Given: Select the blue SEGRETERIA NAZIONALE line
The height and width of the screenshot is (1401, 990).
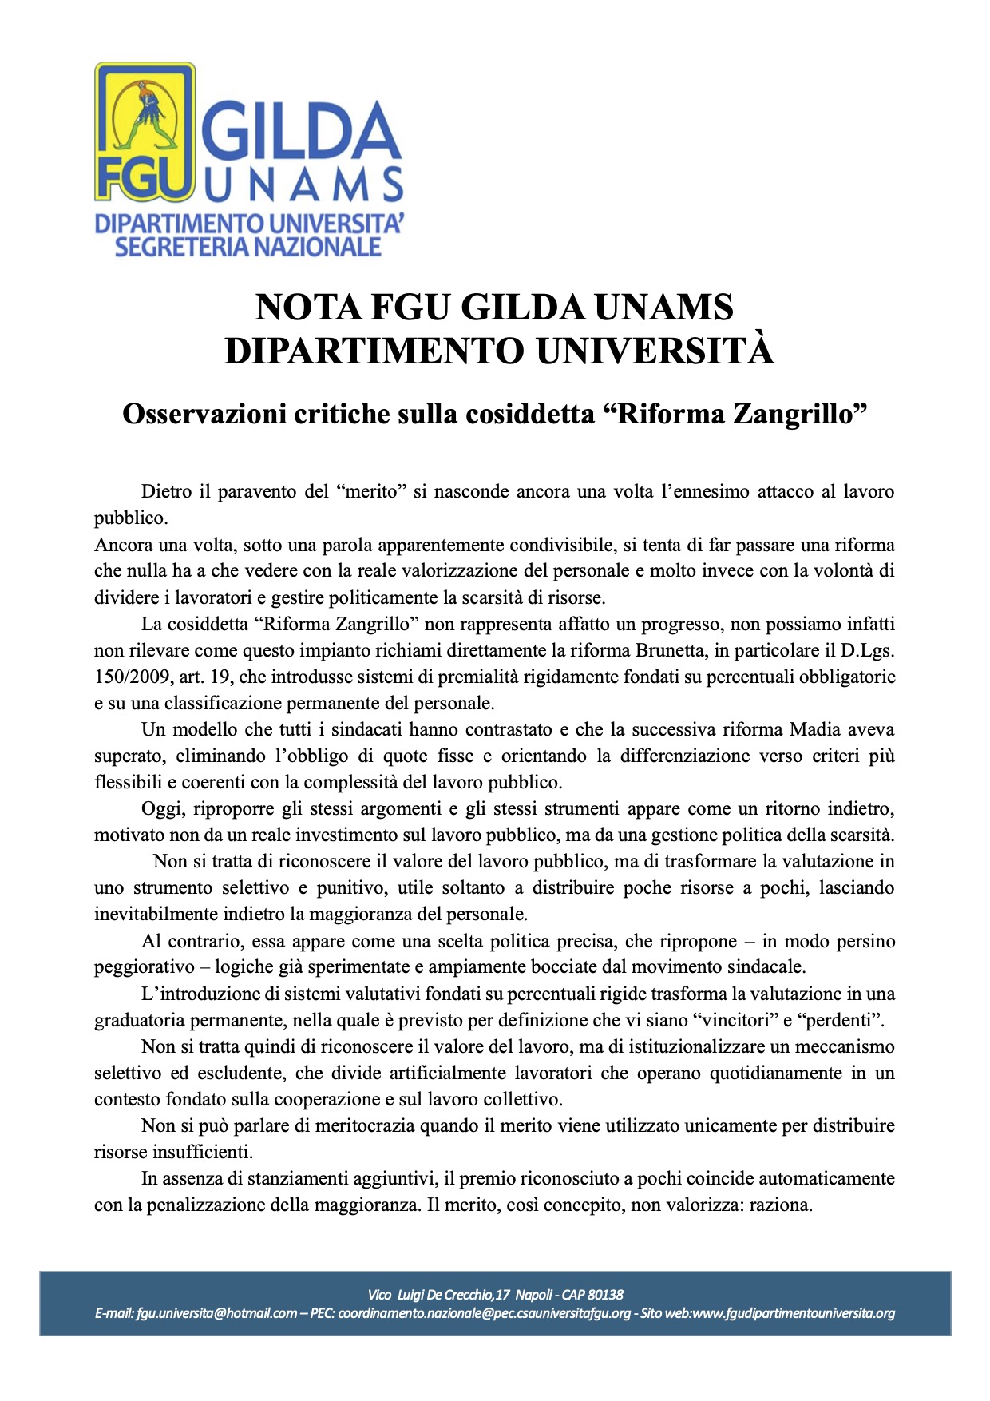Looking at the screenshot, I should coord(248,247).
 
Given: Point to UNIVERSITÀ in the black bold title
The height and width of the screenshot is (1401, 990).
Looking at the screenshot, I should coord(655,351).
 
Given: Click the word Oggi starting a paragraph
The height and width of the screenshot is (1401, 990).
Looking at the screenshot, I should coord(162,808).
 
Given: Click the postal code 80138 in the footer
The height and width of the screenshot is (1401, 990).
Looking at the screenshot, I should coord(606,1294).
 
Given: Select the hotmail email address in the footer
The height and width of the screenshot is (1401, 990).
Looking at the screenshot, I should coord(216,1313).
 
